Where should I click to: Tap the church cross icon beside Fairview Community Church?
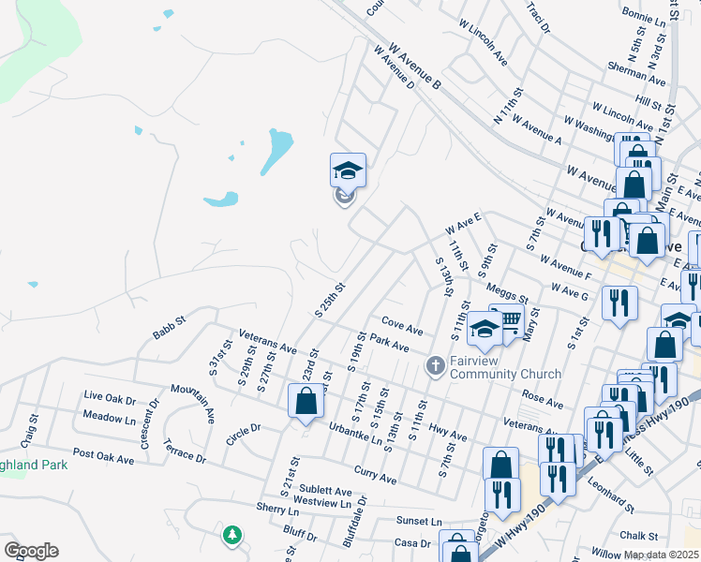(435, 365)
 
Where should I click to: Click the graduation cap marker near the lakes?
(348, 171)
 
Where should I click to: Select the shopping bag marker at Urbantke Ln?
(306, 403)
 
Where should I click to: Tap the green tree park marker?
(231, 535)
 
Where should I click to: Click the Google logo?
(31, 551)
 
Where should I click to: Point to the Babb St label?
(170, 328)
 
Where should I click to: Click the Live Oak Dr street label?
(110, 397)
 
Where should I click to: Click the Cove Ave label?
(402, 330)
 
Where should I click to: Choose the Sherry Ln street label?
(276, 507)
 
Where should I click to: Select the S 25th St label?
(331, 300)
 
